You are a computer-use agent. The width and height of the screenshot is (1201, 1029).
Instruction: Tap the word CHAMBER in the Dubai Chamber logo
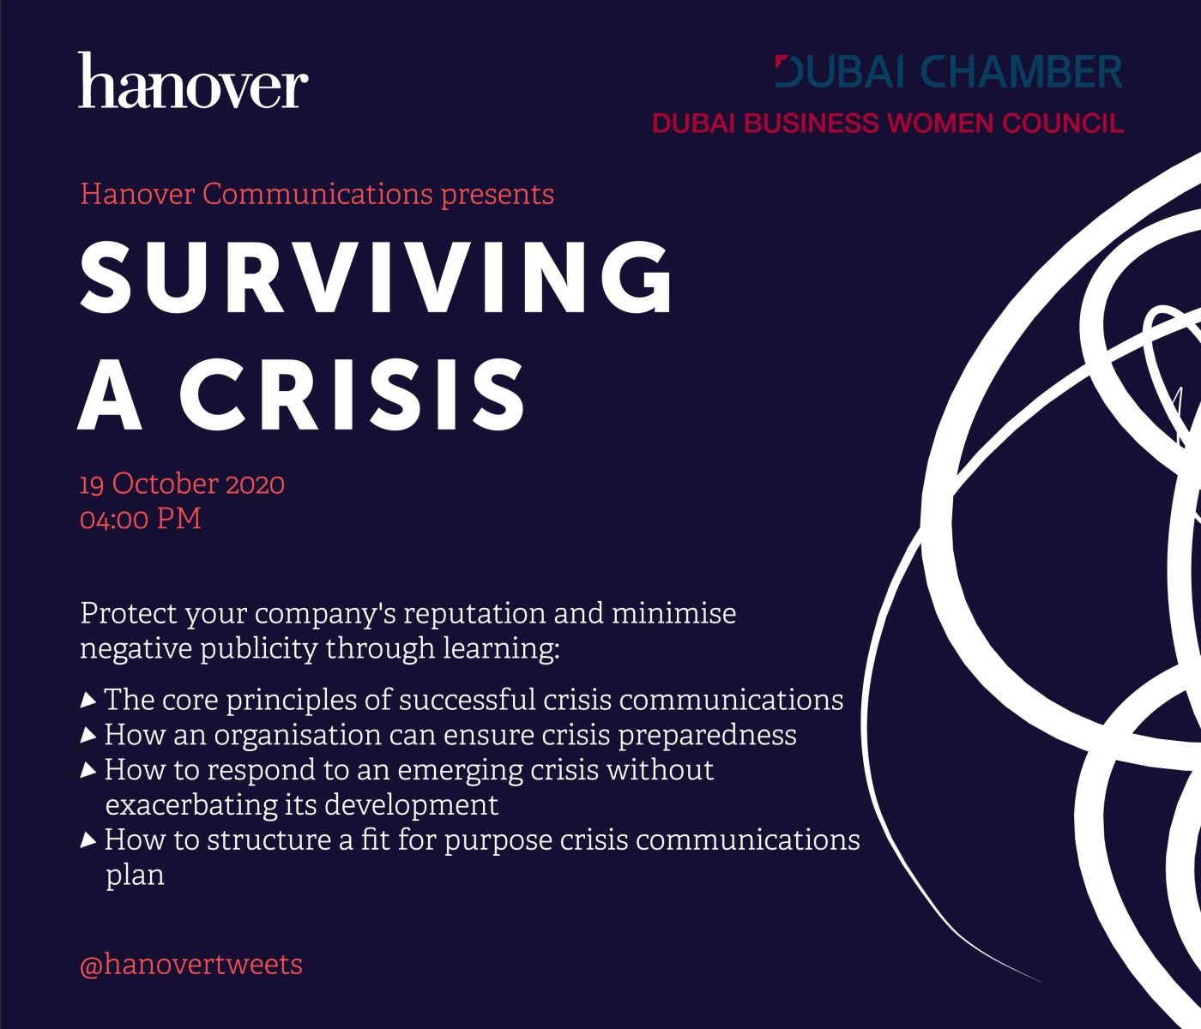click(1022, 71)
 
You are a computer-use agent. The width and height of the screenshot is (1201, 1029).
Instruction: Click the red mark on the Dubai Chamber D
click(782, 62)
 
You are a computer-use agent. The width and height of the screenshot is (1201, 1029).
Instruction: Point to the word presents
click(498, 196)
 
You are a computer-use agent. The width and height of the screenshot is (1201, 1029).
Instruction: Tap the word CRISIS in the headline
click(352, 394)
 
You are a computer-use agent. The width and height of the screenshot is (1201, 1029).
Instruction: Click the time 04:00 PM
click(141, 519)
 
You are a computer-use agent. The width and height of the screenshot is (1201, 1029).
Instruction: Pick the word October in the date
click(166, 484)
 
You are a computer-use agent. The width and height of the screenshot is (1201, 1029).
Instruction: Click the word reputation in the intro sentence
click(474, 614)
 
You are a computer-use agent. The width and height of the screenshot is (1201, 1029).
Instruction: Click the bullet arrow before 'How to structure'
click(88, 839)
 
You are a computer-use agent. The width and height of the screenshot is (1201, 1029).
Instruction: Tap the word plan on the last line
click(135, 876)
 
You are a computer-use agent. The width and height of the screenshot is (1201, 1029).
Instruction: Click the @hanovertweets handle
click(191, 965)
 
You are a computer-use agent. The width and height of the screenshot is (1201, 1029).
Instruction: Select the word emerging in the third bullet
click(460, 772)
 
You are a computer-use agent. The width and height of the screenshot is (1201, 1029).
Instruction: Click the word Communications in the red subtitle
click(317, 194)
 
